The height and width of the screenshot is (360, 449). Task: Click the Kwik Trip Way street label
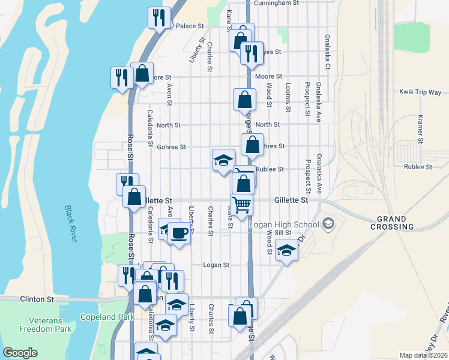point(420,92)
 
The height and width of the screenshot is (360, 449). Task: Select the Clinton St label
point(37,298)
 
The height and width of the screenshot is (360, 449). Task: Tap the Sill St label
point(283,232)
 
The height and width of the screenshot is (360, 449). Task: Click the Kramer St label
point(421,129)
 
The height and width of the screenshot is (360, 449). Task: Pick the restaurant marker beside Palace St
point(159,17)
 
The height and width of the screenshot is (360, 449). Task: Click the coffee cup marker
point(178,233)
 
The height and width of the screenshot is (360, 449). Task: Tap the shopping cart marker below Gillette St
point(242,205)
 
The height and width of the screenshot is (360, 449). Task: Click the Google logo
point(20,353)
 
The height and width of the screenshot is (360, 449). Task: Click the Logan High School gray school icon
point(328,224)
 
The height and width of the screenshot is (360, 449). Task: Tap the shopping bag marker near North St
point(245,100)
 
